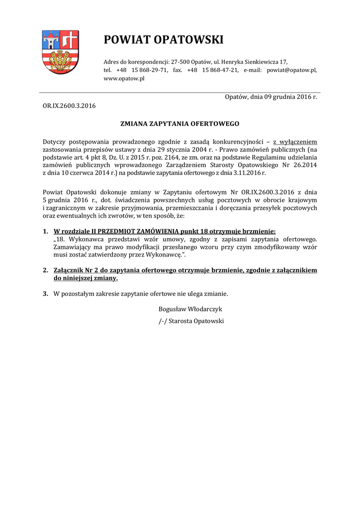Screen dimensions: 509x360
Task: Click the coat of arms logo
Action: point(60,52)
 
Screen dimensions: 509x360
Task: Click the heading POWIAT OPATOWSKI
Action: point(164,40)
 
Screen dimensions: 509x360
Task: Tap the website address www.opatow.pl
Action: point(124,79)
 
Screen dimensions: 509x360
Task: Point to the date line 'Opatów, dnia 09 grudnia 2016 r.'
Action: point(270,96)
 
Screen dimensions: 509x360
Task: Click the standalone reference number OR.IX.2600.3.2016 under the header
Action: point(69,105)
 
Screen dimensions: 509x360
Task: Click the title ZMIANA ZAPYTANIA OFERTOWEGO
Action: point(180,123)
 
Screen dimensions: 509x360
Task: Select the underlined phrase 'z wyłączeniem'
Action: point(295,142)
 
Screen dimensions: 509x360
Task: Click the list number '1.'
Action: point(45,231)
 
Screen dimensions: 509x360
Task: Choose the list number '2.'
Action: point(45,270)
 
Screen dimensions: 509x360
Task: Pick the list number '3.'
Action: point(45,294)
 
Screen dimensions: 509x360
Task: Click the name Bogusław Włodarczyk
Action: point(190,309)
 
